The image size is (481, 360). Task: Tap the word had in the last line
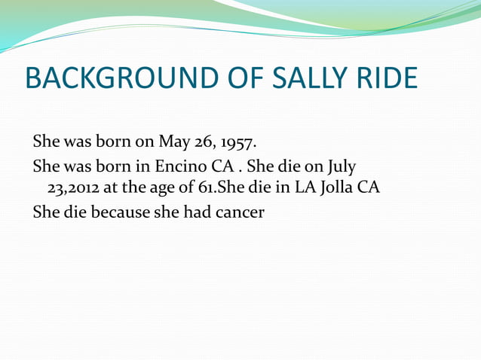(192, 212)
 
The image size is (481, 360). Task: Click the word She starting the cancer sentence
(47, 212)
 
